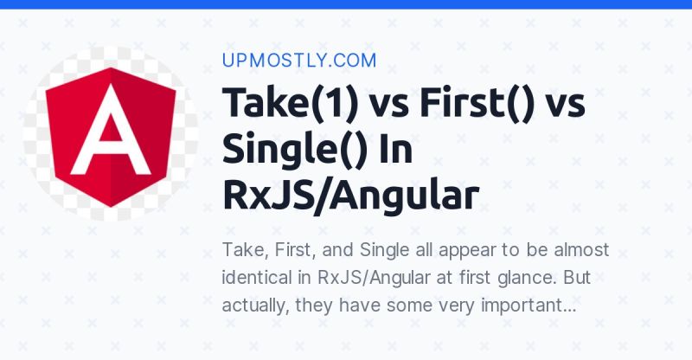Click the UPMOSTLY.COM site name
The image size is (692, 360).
[x=299, y=60]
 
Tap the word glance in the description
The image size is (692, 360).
[x=518, y=278]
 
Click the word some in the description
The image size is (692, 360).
[x=402, y=305]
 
